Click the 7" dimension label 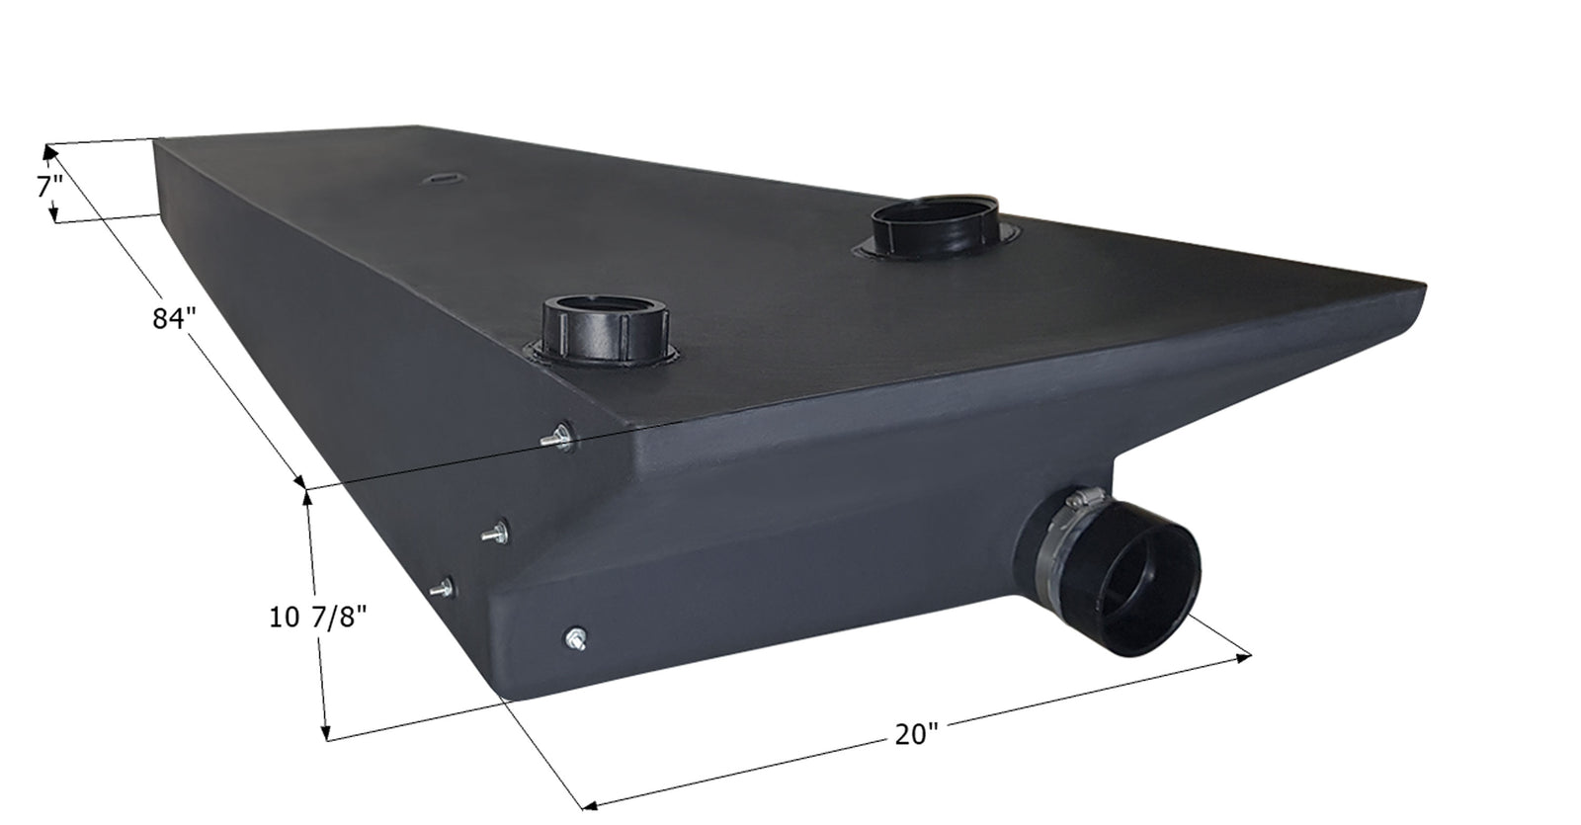coord(50,186)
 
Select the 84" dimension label coord(175,319)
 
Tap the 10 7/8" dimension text coord(318,618)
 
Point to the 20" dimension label coord(916,734)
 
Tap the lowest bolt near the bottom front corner coord(575,638)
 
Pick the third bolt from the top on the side coord(443,587)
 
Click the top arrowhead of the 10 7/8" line coord(309,494)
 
